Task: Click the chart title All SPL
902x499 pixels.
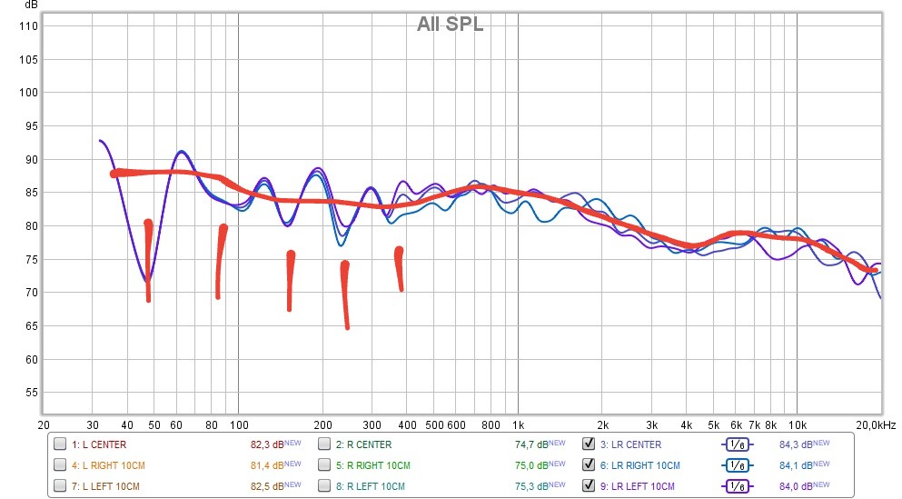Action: (450, 25)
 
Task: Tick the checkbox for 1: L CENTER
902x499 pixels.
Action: (60, 445)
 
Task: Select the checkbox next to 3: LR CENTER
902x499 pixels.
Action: (589, 445)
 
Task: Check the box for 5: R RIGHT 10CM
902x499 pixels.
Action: (324, 465)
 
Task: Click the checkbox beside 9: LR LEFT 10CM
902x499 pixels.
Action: (589, 485)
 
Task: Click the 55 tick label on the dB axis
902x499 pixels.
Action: (31, 393)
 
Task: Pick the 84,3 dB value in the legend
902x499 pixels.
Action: (796, 445)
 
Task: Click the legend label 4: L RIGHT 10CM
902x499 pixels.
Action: (107, 465)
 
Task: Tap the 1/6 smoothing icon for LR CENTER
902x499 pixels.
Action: (737, 445)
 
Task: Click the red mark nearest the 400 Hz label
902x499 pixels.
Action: (399, 268)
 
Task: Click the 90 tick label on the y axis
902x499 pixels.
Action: (31, 159)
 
